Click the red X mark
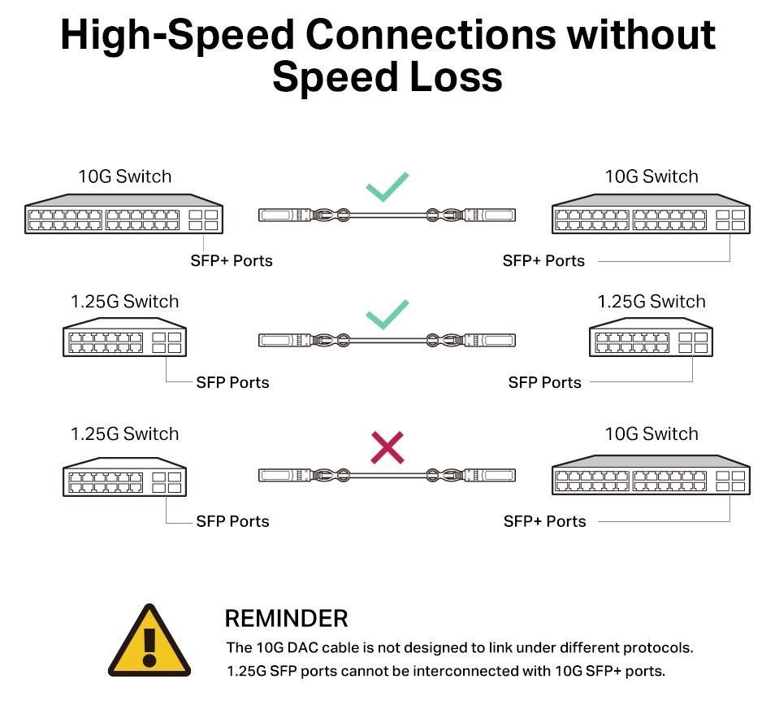coord(387,448)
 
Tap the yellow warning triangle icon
coord(149,642)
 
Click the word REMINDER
coord(286,619)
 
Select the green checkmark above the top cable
coord(387,186)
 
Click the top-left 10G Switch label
coord(124,176)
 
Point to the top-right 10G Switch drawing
coord(651,216)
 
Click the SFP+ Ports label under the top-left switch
coord(232,261)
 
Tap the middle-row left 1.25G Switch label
coord(124,302)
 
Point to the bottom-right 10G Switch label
coord(651,434)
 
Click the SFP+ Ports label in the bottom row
coord(544,521)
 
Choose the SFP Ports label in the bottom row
coord(232,521)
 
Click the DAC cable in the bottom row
coord(387,474)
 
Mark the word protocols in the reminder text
coord(657,648)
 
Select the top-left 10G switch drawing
coord(124,216)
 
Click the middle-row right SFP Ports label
coord(544,382)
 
